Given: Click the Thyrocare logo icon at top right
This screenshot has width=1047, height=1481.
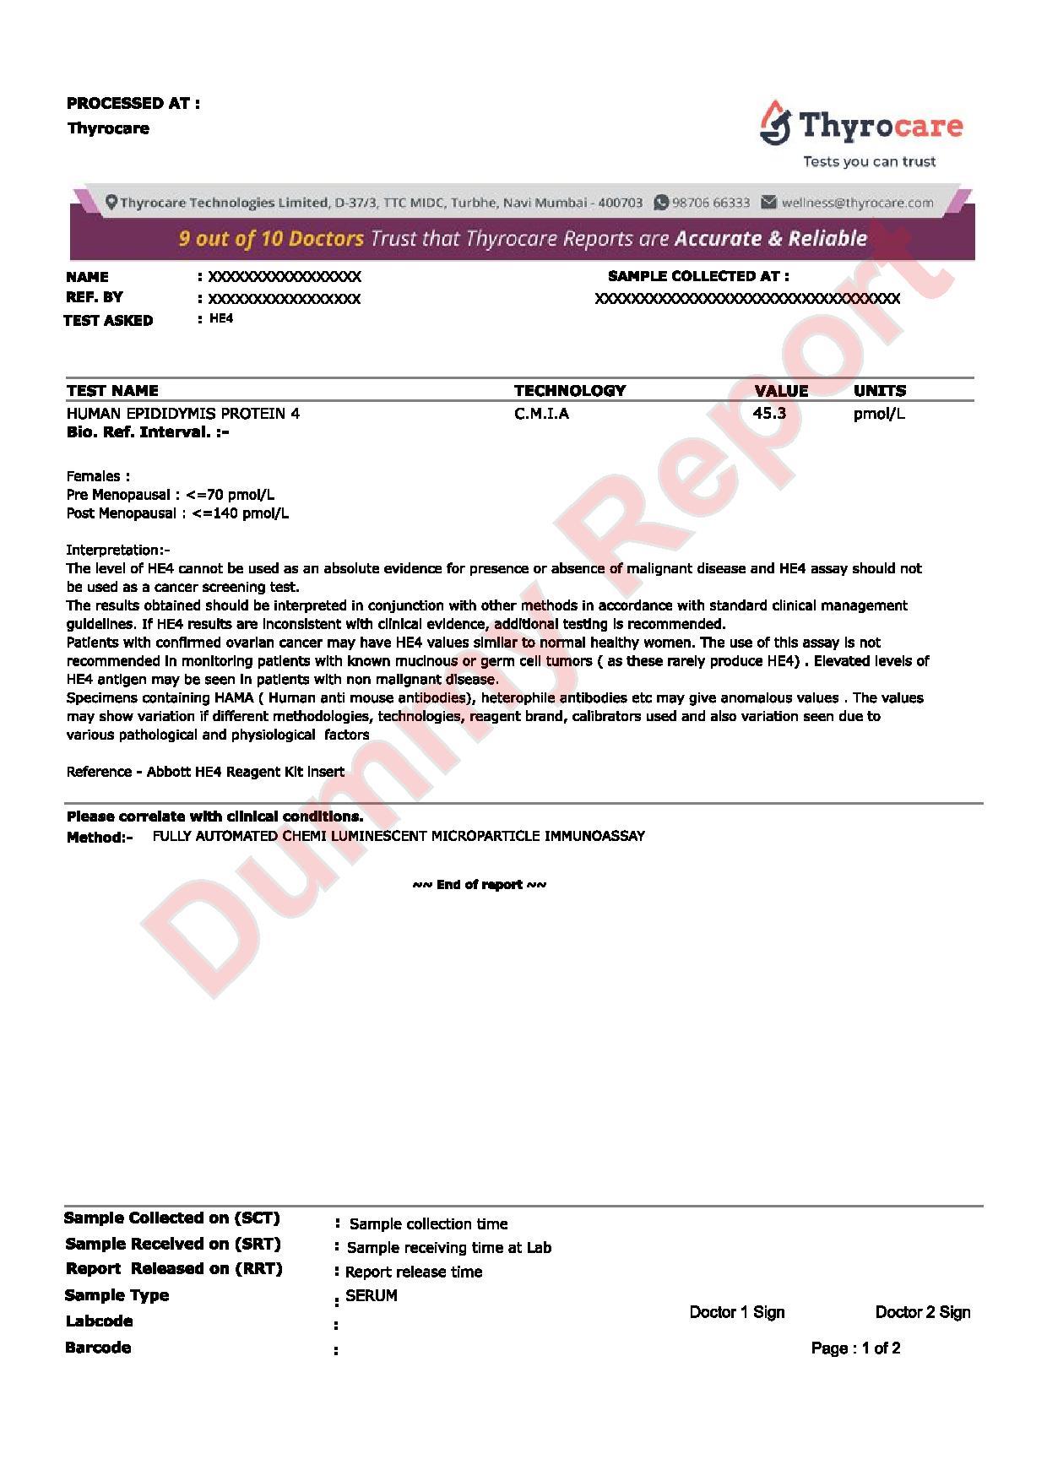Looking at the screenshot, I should pos(775,124).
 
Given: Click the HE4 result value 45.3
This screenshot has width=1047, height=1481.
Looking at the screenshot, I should pos(769,414).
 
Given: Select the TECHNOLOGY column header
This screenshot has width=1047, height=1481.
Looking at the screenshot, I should pos(570,391).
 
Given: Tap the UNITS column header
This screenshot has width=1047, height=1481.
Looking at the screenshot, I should pos(879,391).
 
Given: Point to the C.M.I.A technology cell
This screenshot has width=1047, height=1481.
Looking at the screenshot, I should pos(541,414).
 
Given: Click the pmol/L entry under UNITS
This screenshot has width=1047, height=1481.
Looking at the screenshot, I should pos(879,414).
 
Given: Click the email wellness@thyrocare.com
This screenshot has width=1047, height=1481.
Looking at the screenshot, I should pos(857,203).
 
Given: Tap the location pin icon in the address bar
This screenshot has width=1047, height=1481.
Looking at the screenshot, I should pos(111,203).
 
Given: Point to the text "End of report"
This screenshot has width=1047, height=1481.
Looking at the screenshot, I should pos(479,885).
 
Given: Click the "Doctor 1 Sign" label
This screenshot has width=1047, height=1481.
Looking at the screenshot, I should pos(737,1312).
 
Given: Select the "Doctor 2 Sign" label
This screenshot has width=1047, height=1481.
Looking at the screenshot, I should pos(923,1312).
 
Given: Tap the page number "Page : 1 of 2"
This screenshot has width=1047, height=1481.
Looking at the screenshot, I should pos(855,1348).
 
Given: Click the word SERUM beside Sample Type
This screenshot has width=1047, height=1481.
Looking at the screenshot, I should pos(372,1295).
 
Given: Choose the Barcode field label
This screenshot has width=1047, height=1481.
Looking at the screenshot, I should pos(98,1348).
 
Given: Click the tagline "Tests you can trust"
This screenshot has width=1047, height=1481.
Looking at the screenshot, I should pos(869,161).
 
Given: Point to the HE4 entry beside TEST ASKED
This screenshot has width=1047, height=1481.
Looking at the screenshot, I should pos(221,319).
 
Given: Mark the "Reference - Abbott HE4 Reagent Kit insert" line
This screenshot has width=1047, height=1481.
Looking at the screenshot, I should pos(205,772).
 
